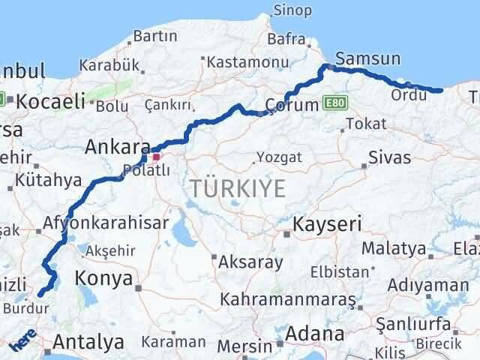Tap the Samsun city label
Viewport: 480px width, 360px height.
click(x=368, y=59)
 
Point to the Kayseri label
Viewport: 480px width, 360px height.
click(x=327, y=223)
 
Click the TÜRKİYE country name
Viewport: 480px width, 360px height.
click(x=238, y=188)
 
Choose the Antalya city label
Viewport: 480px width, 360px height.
click(x=88, y=343)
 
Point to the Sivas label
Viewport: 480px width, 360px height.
click(x=390, y=157)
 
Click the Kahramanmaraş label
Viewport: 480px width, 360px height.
click(x=287, y=299)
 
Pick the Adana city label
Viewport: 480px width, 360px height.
click(x=316, y=333)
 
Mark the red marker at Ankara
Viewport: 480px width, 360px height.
click(x=157, y=157)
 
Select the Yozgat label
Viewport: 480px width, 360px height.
click(x=279, y=157)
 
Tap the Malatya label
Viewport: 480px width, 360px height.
click(x=394, y=248)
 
